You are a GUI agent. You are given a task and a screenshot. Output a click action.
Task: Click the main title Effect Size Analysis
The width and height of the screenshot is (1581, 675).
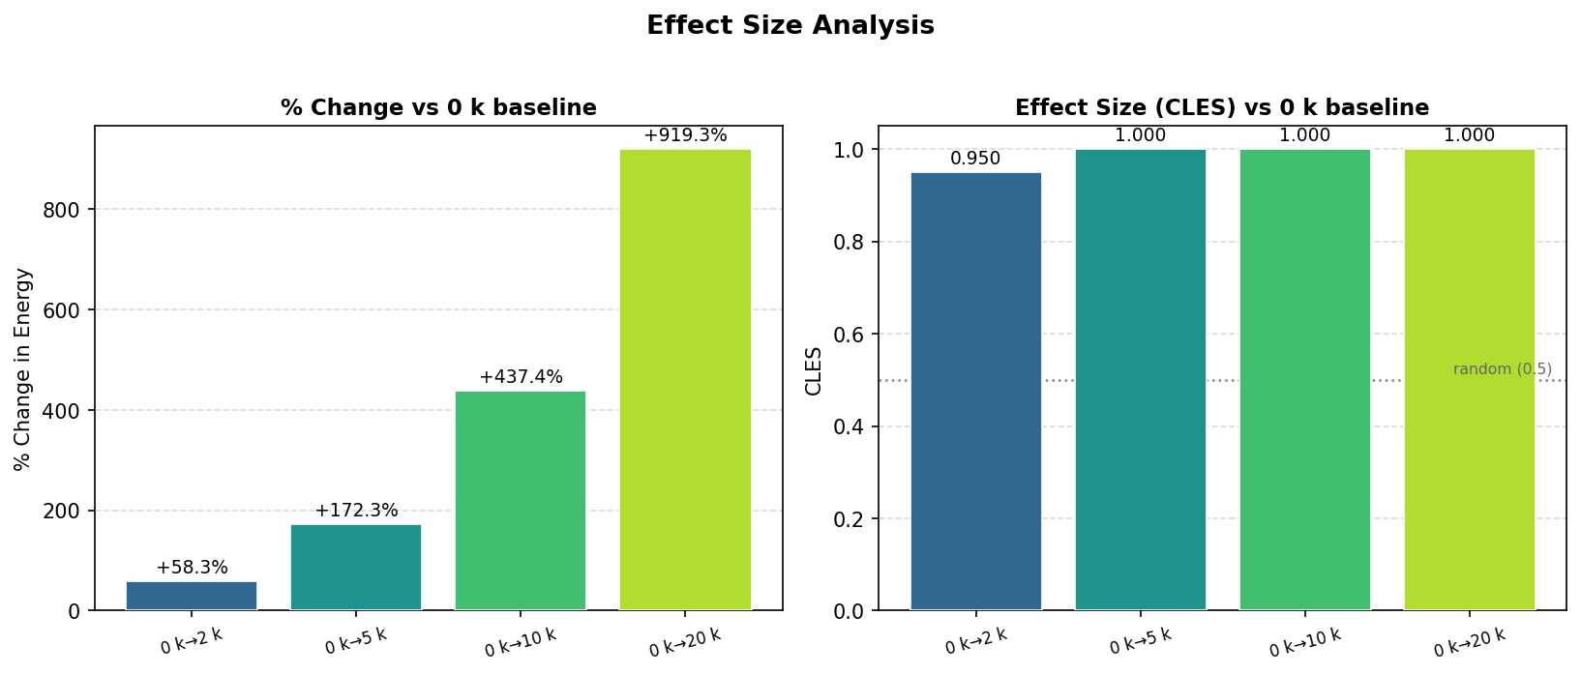coord(790,26)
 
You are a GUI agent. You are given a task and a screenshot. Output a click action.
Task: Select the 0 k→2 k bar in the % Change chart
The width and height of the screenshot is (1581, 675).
coord(192,596)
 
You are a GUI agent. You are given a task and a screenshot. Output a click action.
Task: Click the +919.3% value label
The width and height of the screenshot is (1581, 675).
coord(685,135)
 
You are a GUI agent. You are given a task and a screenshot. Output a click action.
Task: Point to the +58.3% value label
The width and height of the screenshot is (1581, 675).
coord(192,568)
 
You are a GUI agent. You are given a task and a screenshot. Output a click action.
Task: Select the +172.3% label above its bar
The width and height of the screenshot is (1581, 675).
coord(356,511)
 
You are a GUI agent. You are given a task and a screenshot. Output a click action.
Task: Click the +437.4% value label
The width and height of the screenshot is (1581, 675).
coord(521,377)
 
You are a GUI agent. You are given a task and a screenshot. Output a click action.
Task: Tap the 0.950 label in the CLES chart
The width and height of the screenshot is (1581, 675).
coord(975,159)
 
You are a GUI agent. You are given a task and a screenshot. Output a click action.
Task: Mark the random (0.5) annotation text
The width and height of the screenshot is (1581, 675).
coord(1502,369)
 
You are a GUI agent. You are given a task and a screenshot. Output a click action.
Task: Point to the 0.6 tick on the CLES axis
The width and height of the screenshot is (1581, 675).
coord(849,335)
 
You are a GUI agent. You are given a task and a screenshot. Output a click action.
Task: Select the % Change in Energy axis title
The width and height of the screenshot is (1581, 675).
coord(24,369)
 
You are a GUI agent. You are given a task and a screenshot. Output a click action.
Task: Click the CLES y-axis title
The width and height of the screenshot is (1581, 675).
coord(814,370)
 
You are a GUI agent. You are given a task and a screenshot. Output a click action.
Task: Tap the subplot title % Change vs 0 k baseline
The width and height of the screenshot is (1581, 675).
coord(438,107)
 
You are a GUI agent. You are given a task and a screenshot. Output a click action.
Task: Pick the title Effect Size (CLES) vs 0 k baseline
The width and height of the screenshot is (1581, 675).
coord(1221,107)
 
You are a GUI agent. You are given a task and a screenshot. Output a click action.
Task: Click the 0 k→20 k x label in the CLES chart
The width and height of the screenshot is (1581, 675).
coord(1469,643)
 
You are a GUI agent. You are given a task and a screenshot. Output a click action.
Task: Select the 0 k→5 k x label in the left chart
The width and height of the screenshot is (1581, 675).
coord(356,642)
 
